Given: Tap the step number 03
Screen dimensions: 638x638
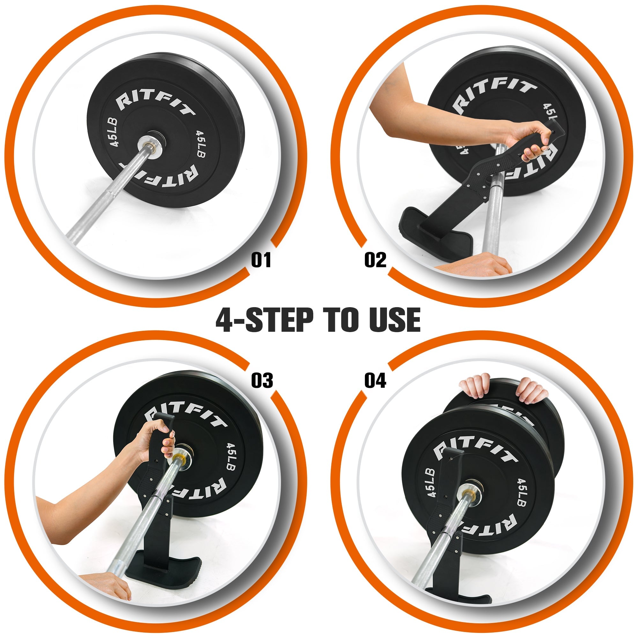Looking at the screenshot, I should click(262, 381).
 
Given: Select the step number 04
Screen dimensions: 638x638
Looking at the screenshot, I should click(375, 381).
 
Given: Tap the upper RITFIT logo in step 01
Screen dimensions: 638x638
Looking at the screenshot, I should click(155, 101).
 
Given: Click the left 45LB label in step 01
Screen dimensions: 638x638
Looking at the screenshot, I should click(114, 132).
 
